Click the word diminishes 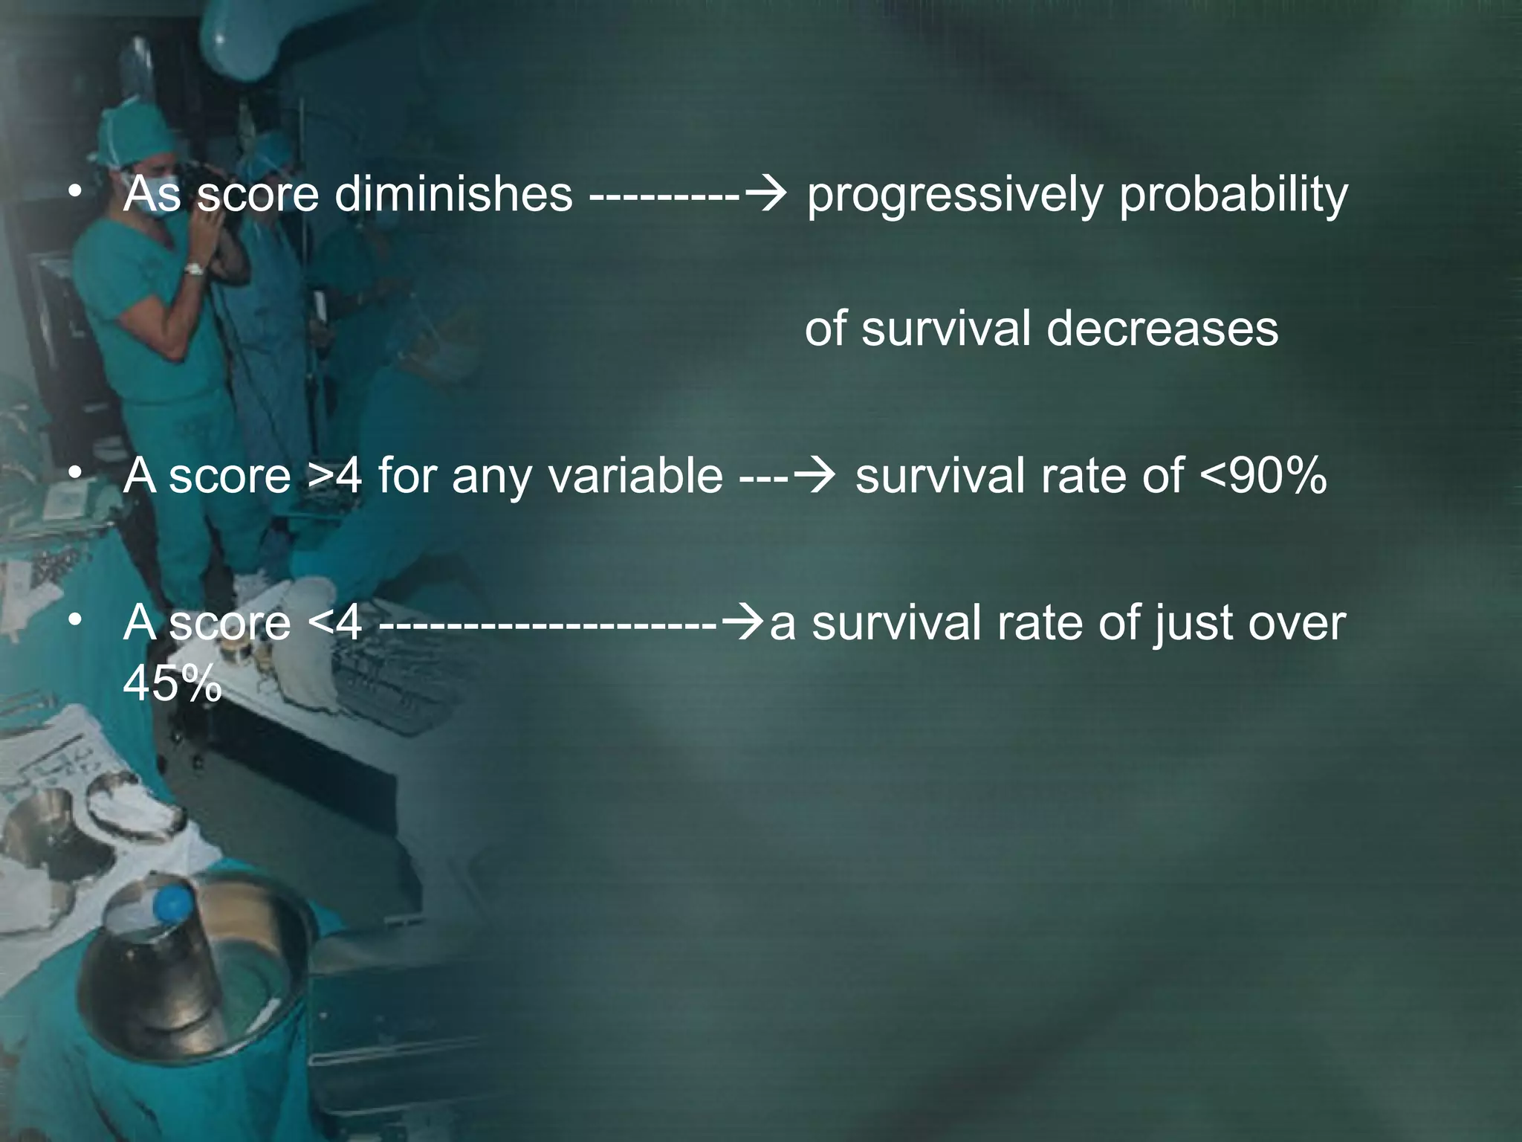pos(453,194)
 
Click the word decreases pos(1162,329)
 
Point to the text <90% pos(1263,476)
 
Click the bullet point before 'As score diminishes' pos(73,193)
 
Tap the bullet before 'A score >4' pos(73,474)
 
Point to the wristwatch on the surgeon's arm pos(195,269)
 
